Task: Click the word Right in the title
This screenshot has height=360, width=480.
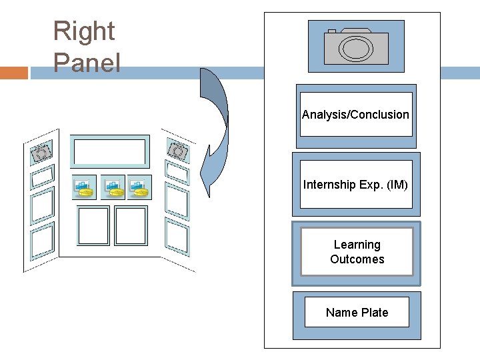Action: [x=84, y=31]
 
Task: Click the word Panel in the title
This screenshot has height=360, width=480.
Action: [x=87, y=63]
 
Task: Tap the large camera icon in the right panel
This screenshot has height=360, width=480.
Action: [x=356, y=45]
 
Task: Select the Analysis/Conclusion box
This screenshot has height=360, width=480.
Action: [x=355, y=115]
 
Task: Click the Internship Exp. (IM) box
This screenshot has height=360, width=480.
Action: [x=355, y=184]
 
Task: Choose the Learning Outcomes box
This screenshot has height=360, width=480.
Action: [x=357, y=252]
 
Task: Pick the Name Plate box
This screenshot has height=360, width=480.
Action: [x=357, y=312]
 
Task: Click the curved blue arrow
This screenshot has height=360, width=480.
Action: [x=215, y=133]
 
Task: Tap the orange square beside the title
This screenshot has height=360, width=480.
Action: [x=14, y=73]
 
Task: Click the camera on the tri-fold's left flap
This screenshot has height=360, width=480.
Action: [x=40, y=153]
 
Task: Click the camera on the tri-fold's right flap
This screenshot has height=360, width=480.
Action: [x=178, y=151]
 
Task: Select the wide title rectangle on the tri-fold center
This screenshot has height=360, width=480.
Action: [x=109, y=152]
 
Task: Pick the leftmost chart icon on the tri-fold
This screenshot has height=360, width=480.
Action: [x=84, y=187]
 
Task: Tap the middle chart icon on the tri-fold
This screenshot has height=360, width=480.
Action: [x=113, y=187]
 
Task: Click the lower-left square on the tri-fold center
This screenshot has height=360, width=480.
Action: [x=93, y=225]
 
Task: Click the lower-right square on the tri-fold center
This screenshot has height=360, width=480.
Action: [x=131, y=225]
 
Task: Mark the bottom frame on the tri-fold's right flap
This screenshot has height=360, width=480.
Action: [x=177, y=236]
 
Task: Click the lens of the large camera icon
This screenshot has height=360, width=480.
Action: [x=356, y=48]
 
